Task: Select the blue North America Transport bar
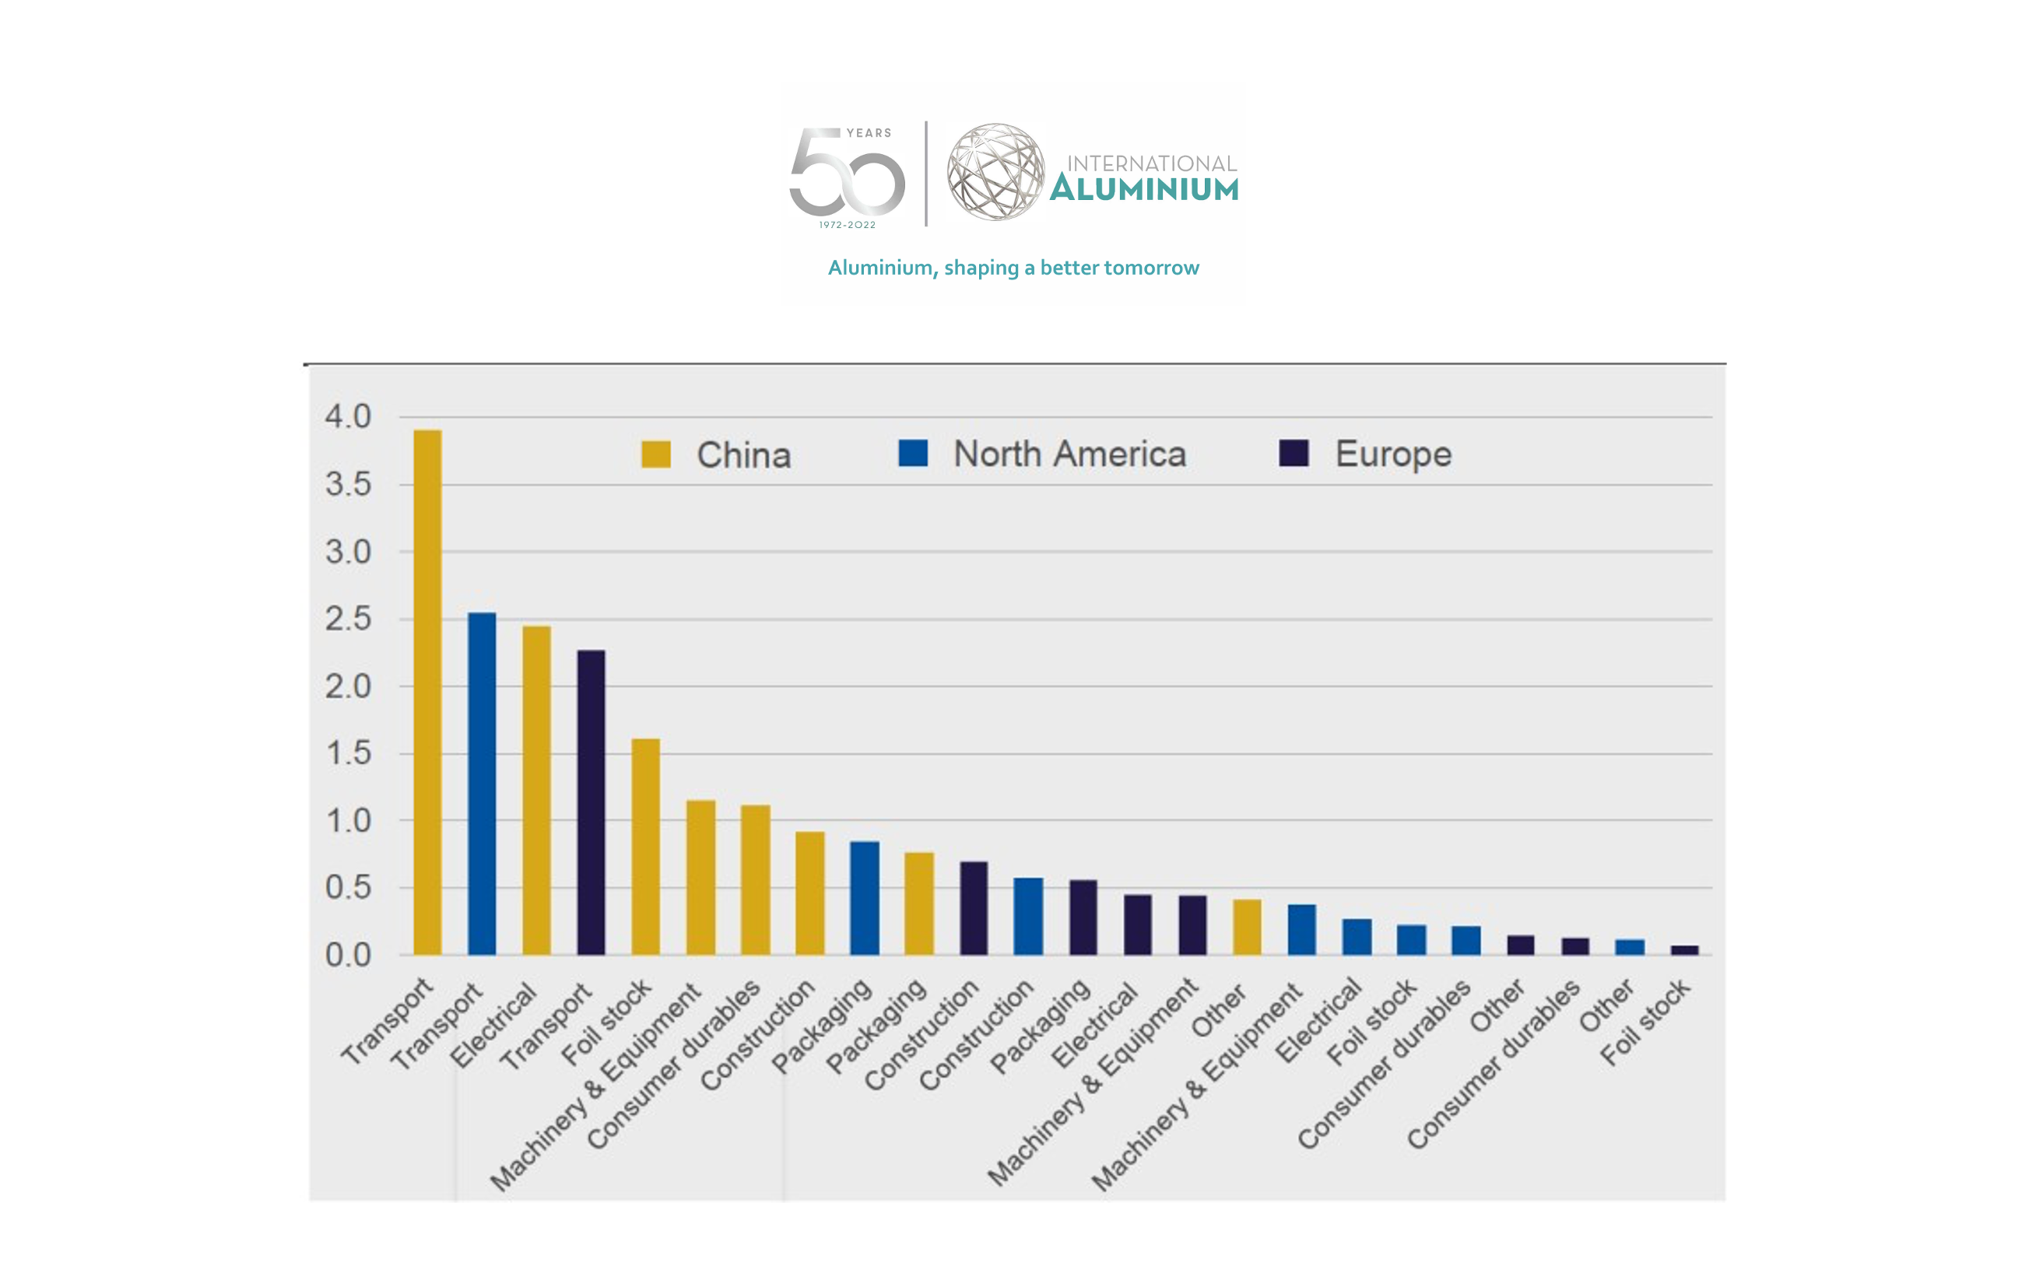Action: pos(482,784)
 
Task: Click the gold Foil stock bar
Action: pos(645,847)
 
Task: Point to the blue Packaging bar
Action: pos(865,898)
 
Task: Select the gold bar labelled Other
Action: pos(1247,927)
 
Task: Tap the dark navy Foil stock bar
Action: pos(1684,949)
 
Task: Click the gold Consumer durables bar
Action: pos(755,879)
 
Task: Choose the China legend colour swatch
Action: pos(655,454)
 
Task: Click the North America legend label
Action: pos(1069,454)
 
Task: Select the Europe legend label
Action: pos(1393,454)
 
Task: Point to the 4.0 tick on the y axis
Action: pos(348,416)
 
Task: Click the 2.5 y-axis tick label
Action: pos(348,619)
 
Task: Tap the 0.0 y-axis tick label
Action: pos(348,956)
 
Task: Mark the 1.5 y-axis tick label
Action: pos(348,753)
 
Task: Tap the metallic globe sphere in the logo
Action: pos(995,172)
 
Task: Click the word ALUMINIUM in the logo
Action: pos(1144,189)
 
